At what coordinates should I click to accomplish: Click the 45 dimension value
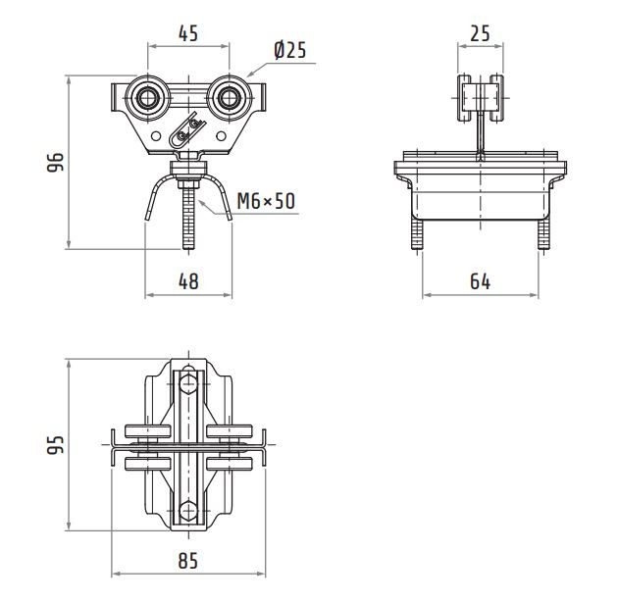pyautogui.click(x=188, y=33)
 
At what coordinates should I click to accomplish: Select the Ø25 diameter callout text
pyautogui.click(x=290, y=50)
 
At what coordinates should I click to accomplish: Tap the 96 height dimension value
pyautogui.click(x=56, y=162)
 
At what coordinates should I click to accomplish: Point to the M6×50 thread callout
pyautogui.click(x=266, y=201)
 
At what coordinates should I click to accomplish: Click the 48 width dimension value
pyautogui.click(x=188, y=281)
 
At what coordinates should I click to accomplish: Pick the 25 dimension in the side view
pyautogui.click(x=480, y=33)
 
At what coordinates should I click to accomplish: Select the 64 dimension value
pyautogui.click(x=480, y=281)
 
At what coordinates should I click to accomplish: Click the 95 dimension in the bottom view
pyautogui.click(x=56, y=445)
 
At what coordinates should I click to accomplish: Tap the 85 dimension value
pyautogui.click(x=188, y=561)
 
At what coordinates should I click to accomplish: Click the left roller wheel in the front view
pyautogui.click(x=148, y=98)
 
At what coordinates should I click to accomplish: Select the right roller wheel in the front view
pyautogui.click(x=229, y=98)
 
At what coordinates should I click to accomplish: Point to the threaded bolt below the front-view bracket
pyautogui.click(x=188, y=218)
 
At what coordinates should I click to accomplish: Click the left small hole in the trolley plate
pyautogui.click(x=156, y=136)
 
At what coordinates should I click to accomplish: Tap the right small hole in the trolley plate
pyautogui.click(x=221, y=136)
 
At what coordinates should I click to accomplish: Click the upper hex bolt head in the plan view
pyautogui.click(x=188, y=384)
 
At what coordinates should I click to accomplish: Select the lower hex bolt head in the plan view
pyautogui.click(x=188, y=511)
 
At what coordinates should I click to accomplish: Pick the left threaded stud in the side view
pyautogui.click(x=417, y=233)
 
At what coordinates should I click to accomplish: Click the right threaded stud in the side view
pyautogui.click(x=543, y=233)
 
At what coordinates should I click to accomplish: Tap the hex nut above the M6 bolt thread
pyautogui.click(x=188, y=184)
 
